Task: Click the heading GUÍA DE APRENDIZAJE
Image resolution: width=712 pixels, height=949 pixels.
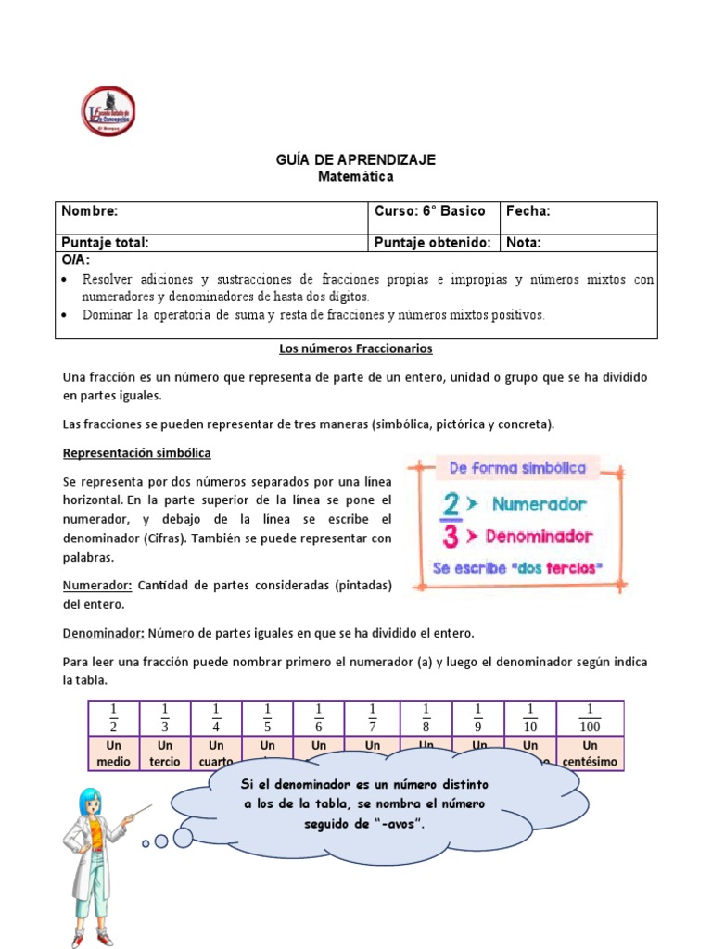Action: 356,160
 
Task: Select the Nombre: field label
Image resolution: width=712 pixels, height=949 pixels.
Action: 90,211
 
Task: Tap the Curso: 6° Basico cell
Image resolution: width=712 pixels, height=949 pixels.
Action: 429,211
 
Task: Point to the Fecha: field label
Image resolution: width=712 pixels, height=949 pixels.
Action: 528,211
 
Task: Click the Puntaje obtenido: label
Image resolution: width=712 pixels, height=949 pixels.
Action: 432,243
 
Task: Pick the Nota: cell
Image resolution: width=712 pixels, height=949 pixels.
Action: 524,243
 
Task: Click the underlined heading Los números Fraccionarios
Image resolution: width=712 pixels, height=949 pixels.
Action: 356,349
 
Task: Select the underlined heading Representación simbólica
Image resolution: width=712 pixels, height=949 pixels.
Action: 136,453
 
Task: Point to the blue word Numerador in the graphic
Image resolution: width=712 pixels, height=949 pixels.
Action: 539,505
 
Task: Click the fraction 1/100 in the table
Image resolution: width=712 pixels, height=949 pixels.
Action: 590,717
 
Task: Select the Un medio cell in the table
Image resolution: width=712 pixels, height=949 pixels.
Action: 114,753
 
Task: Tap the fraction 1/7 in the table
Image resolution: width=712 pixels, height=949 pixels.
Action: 373,717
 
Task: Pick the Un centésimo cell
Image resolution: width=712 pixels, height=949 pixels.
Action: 590,753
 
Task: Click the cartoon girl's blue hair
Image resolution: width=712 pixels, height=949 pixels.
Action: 94,799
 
